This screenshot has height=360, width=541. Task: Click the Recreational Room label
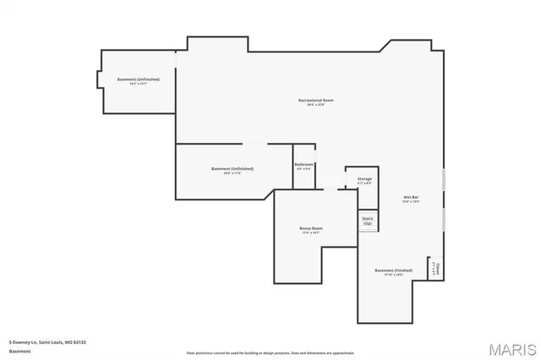tap(316, 101)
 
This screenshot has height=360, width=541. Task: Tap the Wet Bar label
tap(411, 197)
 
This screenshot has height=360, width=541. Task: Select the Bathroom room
tap(304, 166)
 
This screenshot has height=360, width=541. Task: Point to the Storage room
tap(364, 181)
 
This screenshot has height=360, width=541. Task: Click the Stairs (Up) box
tap(368, 221)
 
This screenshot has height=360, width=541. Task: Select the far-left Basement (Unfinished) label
tap(139, 79)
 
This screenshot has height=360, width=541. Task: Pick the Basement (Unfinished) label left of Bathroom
tap(232, 168)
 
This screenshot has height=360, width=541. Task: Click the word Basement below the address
tap(19, 351)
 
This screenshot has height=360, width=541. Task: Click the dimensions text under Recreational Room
tap(316, 106)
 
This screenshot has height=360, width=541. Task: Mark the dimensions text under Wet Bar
tap(411, 202)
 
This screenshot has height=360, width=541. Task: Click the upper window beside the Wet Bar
tap(445, 183)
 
